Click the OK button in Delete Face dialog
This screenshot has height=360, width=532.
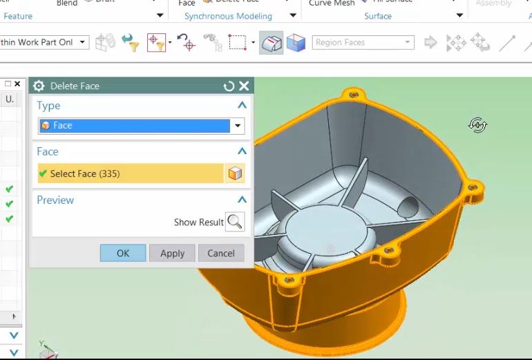122,253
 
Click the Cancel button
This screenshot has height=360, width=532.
221,253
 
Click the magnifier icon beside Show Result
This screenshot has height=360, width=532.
235,222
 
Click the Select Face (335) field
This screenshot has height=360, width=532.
130,173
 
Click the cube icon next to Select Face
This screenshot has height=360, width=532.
235,173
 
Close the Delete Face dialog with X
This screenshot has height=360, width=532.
244,86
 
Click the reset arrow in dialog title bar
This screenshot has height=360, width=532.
229,86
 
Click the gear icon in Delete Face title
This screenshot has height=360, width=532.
39,86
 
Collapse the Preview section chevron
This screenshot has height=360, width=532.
242,200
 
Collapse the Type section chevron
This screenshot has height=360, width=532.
242,105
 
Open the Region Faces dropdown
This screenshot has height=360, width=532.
363,43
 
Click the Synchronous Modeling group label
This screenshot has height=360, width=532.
228,16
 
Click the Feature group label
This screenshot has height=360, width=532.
18,16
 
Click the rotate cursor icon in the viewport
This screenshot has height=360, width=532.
477,125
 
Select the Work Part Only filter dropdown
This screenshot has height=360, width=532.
44,43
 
